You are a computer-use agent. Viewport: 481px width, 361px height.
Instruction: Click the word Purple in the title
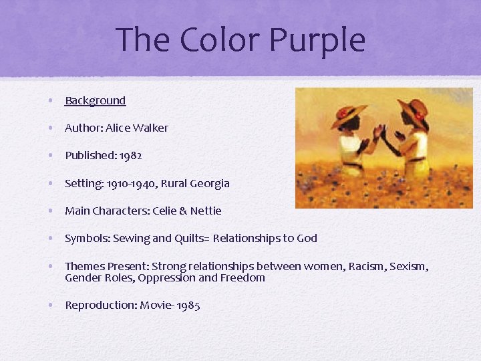[x=317, y=40]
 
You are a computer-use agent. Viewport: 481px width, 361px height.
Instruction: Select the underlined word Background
[x=95, y=101]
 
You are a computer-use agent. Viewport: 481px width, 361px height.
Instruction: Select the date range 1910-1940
[x=129, y=183]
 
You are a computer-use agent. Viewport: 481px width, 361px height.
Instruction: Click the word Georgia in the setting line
[x=210, y=183]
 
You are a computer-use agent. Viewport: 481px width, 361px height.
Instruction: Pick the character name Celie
[x=164, y=211]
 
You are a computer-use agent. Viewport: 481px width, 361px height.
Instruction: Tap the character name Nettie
[x=206, y=211]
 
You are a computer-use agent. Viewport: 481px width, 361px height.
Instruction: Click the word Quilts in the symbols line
[x=192, y=238]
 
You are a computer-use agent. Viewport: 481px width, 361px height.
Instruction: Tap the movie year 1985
[x=188, y=306]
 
